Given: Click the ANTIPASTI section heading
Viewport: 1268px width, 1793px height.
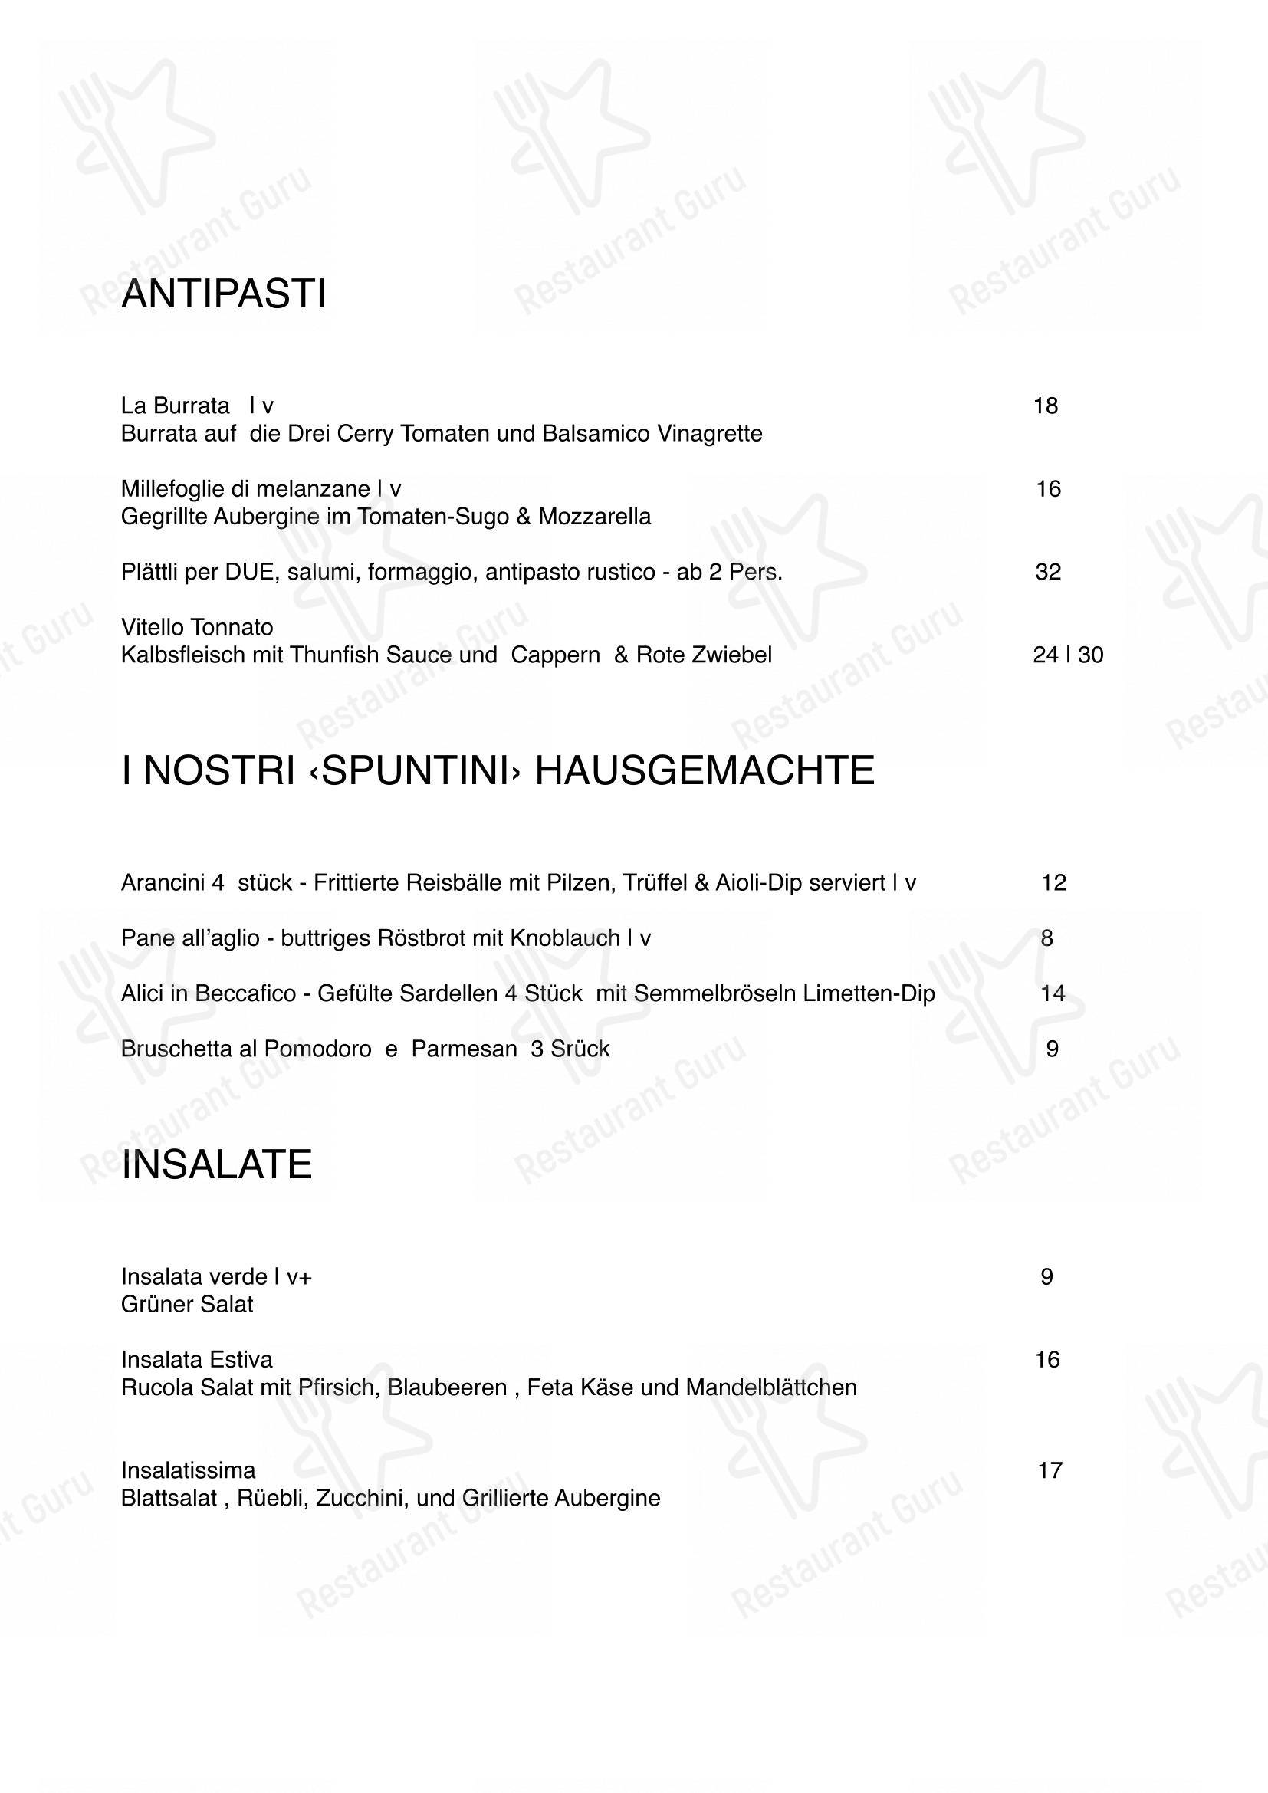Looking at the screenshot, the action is [223, 294].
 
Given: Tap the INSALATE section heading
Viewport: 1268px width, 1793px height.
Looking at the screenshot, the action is [216, 1164].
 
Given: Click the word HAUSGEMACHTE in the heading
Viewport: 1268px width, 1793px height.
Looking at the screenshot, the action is [705, 770].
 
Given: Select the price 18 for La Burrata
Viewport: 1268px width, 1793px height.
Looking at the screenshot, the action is [1045, 406].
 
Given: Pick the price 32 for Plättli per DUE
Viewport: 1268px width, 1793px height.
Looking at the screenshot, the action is [1048, 573].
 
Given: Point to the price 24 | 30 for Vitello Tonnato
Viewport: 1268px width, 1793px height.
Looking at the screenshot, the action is [1067, 655].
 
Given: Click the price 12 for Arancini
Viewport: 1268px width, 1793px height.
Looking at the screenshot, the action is [1053, 883].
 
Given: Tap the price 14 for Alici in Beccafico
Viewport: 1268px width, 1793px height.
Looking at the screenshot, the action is [1053, 993].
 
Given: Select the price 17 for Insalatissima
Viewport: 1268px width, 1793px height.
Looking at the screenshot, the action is [1050, 1470].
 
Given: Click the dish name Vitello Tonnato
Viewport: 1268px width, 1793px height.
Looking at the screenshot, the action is [197, 627].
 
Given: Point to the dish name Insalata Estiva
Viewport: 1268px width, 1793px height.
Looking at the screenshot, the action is [197, 1360].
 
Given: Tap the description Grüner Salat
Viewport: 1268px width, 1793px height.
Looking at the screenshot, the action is [186, 1305].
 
